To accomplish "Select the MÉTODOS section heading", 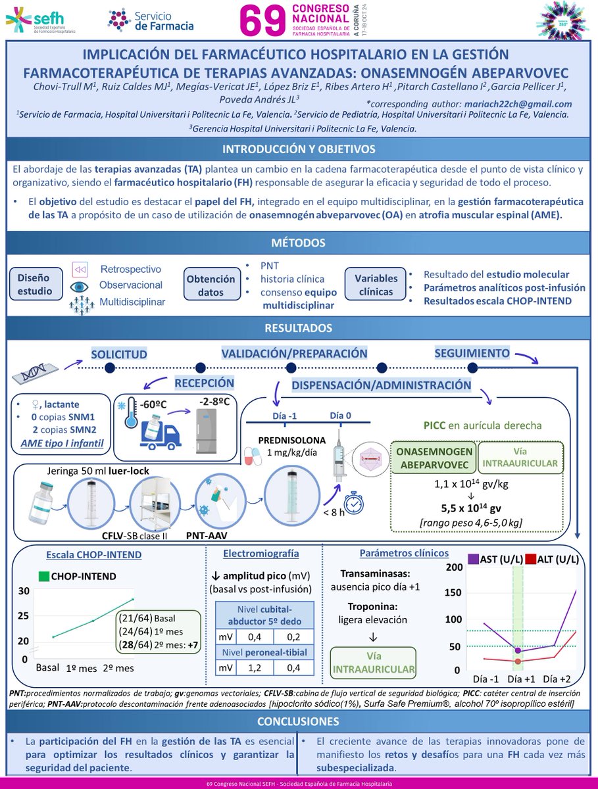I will click(x=299, y=244).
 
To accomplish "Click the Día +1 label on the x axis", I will click(x=518, y=679).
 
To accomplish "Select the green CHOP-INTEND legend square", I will click(x=44, y=577).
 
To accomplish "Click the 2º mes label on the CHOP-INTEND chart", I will click(x=119, y=668).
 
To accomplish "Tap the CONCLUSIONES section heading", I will click(x=299, y=721).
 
